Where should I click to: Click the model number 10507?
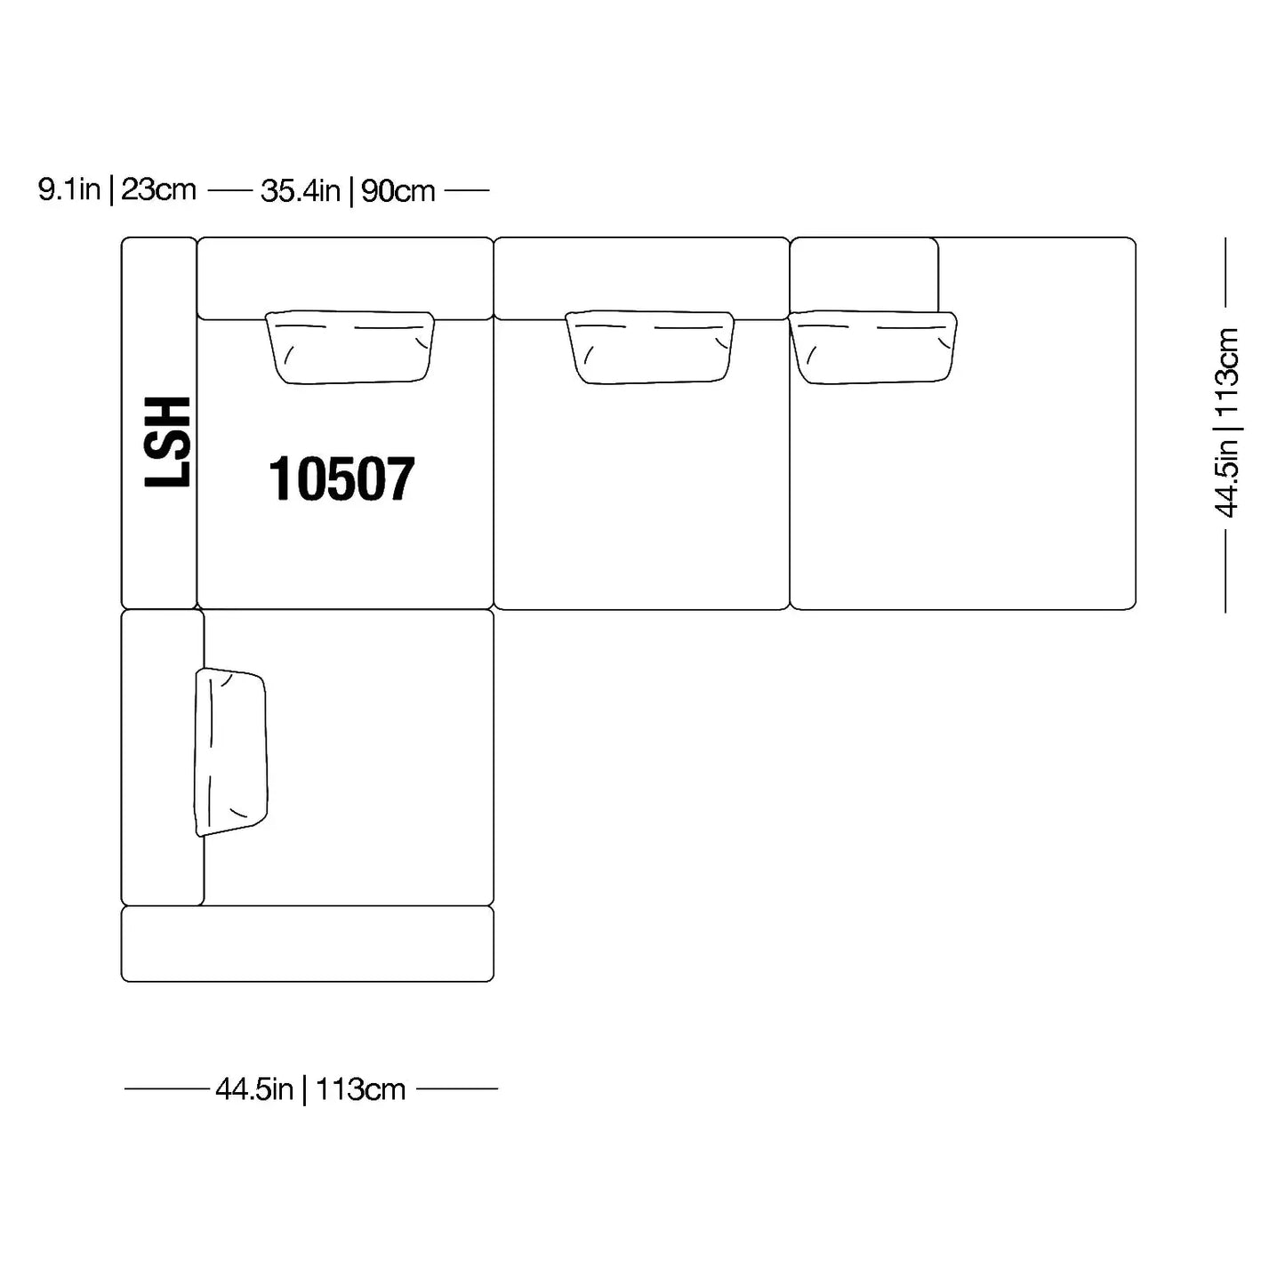coord(341,478)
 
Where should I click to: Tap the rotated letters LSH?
coord(167,442)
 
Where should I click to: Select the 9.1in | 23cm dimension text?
coord(117,190)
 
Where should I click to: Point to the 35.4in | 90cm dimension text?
coord(348,191)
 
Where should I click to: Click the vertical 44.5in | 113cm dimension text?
coord(1226,422)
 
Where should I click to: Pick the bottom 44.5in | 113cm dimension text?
coord(310,1089)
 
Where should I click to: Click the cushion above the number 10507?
coord(349,347)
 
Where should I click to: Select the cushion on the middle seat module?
coord(649,347)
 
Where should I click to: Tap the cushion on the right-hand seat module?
coord(872,347)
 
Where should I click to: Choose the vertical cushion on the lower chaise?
coord(230,751)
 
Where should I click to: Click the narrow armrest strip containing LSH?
coord(158,422)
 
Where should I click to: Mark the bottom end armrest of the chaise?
coord(308,944)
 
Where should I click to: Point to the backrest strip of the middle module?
coord(641,278)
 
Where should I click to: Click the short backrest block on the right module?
coord(864,275)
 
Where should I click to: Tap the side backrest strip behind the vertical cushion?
coord(162,757)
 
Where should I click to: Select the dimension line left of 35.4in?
coord(230,190)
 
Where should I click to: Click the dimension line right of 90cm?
coord(467,190)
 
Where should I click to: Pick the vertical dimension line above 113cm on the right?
coord(1225,272)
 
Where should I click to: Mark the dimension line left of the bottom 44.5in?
coord(166,1089)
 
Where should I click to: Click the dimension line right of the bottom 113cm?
coord(457,1089)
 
